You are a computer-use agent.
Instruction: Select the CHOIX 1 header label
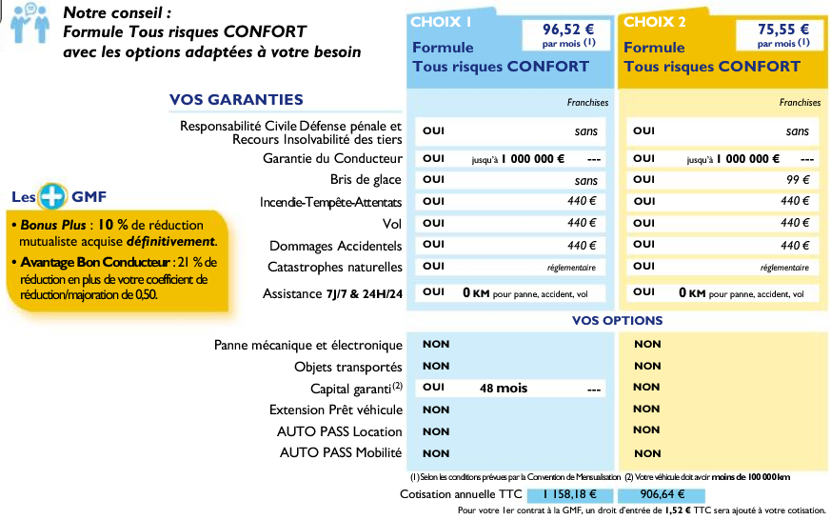click(440, 21)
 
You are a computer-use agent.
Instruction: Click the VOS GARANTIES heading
click(236, 100)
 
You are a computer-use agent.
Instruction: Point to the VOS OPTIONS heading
click(617, 320)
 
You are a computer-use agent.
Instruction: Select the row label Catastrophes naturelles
click(335, 268)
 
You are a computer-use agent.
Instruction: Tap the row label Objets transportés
click(348, 367)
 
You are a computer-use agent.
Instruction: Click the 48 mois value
click(504, 389)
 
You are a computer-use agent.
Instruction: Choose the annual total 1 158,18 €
click(568, 494)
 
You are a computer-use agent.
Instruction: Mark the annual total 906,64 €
click(662, 494)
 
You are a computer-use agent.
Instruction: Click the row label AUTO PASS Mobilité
click(341, 453)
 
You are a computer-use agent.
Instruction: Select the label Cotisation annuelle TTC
click(461, 494)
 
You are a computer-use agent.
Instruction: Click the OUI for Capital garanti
click(433, 389)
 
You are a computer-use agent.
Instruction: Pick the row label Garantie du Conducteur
click(332, 158)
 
